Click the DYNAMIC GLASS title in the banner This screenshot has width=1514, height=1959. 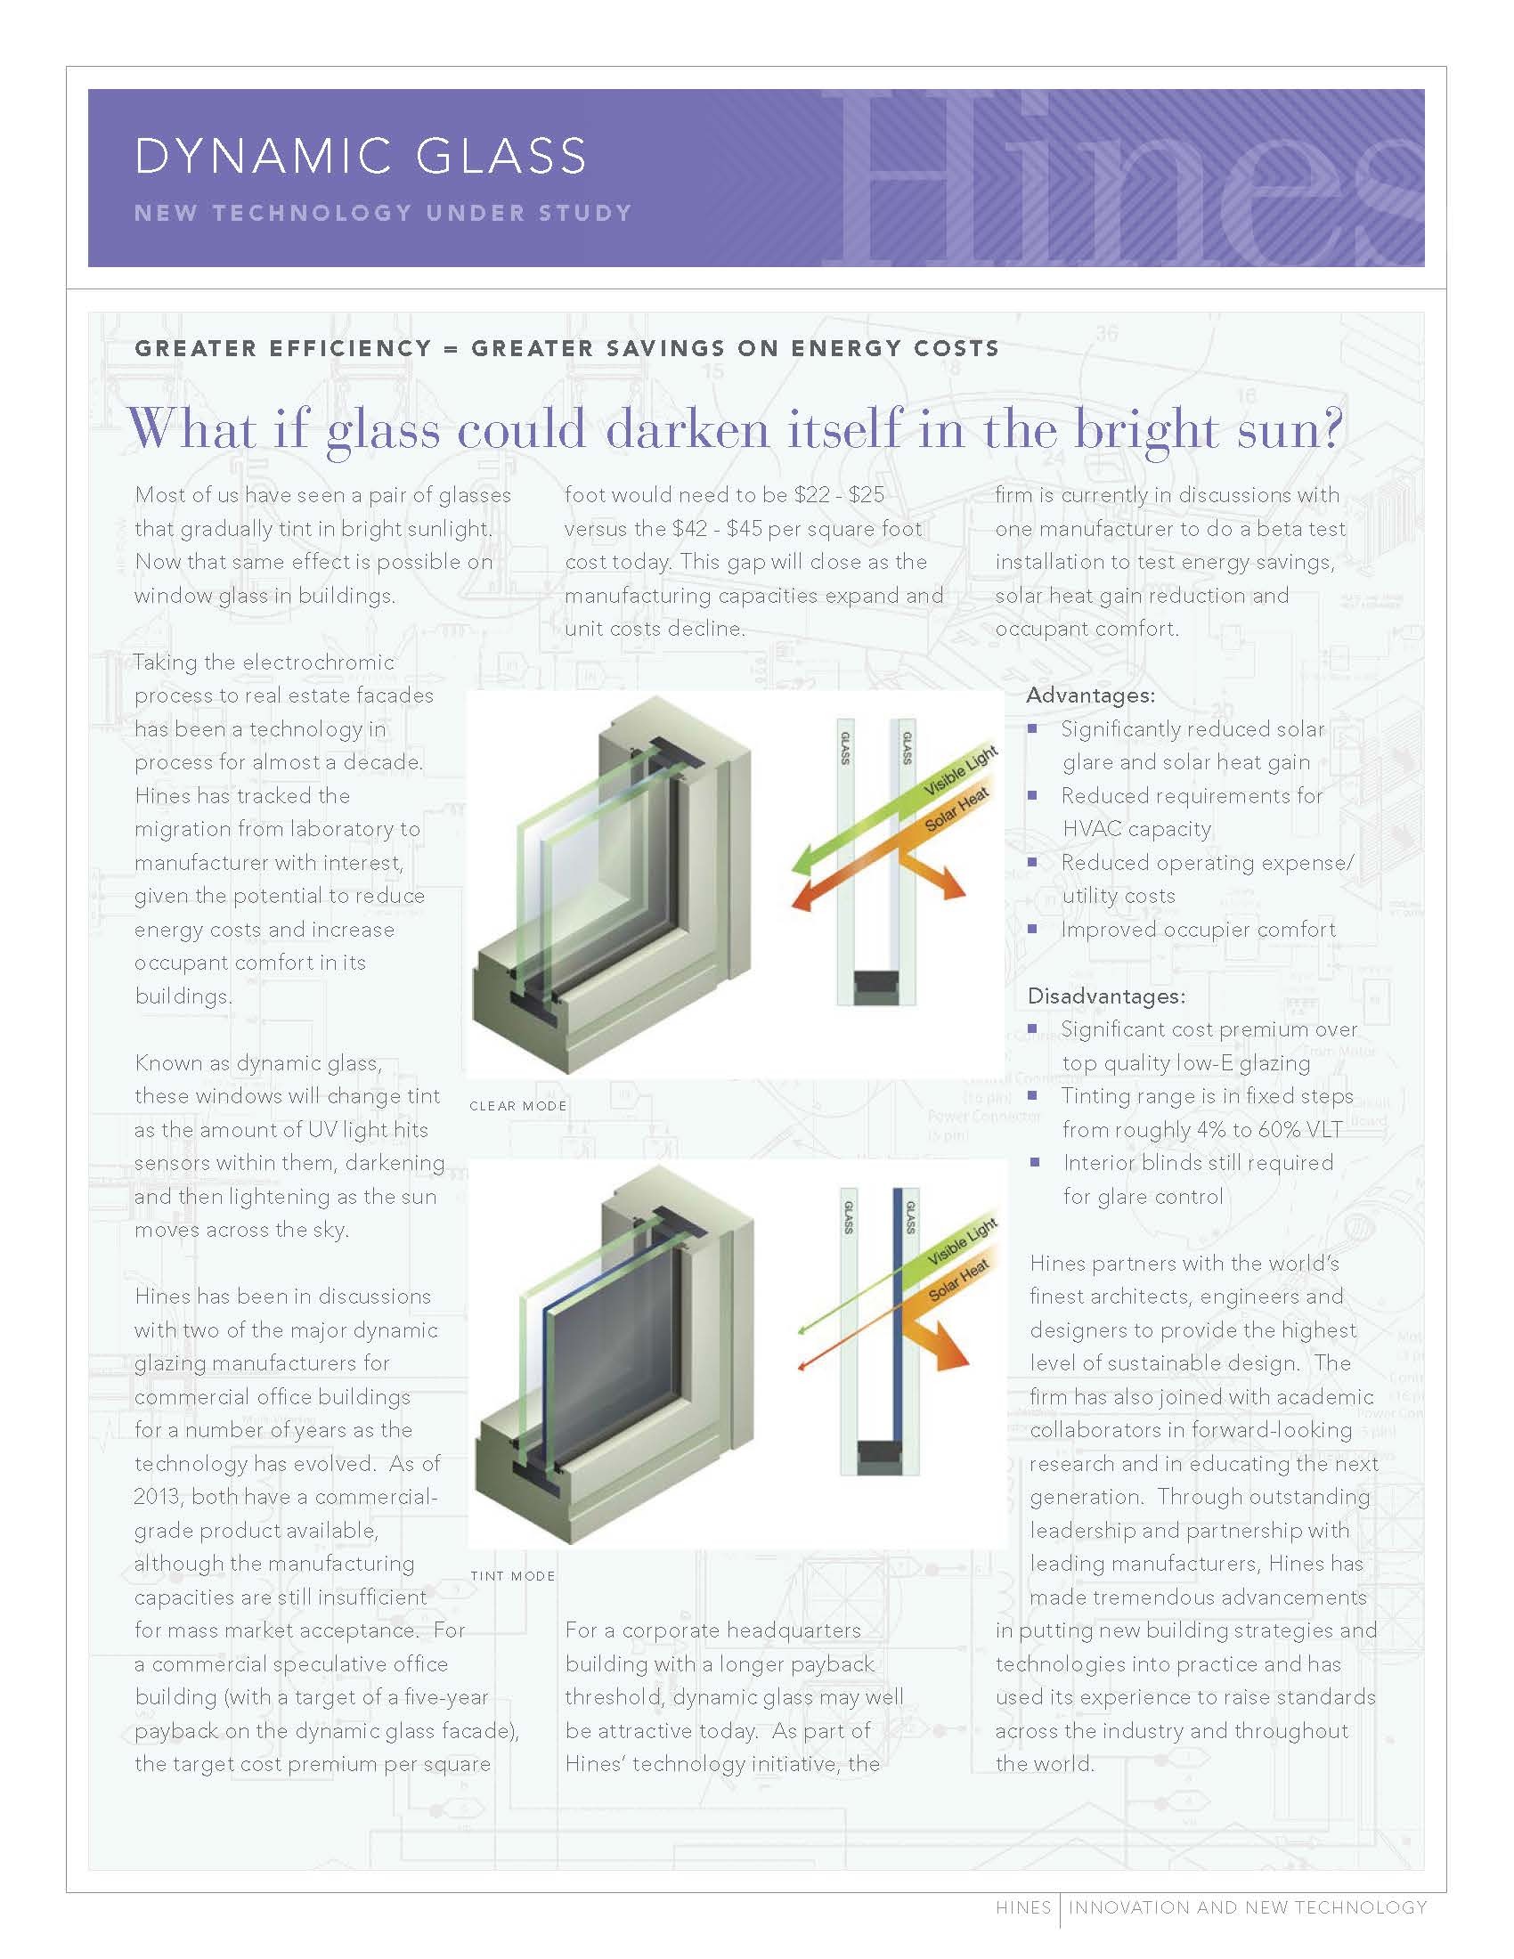pyautogui.click(x=361, y=156)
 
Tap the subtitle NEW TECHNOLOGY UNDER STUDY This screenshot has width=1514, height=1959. pyautogui.click(x=383, y=214)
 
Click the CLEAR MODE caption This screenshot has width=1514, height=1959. pyautogui.click(x=517, y=1106)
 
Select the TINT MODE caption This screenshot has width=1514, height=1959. pyautogui.click(x=512, y=1576)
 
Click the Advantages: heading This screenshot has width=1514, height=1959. pyautogui.click(x=1090, y=695)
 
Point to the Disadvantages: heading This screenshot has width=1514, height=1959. pyautogui.click(x=1106, y=996)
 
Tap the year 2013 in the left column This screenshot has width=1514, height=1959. pyautogui.click(x=158, y=1497)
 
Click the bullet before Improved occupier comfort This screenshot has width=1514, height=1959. pyautogui.click(x=1032, y=930)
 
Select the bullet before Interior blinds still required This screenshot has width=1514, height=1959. pyautogui.click(x=1034, y=1162)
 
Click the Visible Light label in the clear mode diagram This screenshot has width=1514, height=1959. pyautogui.click(x=960, y=772)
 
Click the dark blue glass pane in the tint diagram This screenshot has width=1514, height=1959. pyautogui.click(x=899, y=1328)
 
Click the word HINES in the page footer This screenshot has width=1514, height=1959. pyautogui.click(x=1022, y=1907)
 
